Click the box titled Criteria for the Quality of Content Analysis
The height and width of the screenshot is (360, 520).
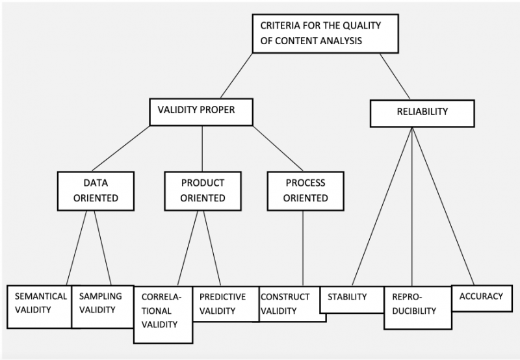pyautogui.click(x=326, y=34)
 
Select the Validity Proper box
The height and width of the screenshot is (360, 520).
pyautogui.click(x=201, y=112)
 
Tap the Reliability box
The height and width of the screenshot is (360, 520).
pyautogui.click(x=422, y=113)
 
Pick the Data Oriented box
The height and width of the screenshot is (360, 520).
pyautogui.click(x=96, y=191)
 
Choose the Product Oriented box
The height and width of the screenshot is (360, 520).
pyautogui.click(x=203, y=191)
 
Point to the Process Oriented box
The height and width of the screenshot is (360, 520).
pyautogui.click(x=305, y=191)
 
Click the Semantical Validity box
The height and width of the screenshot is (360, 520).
pyautogui.click(x=39, y=307)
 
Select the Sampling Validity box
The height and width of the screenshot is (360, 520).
pyautogui.click(x=103, y=307)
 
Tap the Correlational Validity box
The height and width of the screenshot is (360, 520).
pyautogui.click(x=163, y=315)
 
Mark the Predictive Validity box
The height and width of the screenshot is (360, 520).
pyautogui.click(x=226, y=304)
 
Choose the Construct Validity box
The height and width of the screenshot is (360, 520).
pyautogui.click(x=292, y=304)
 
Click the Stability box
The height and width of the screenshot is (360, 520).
pyautogui.click(x=352, y=300)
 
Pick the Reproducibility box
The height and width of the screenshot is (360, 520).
pyautogui.click(x=418, y=308)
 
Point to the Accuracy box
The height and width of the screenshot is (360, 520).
pyautogui.click(x=482, y=298)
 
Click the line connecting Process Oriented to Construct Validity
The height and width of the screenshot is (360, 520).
pyautogui.click(x=303, y=248)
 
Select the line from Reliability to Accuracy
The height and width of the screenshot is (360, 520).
pyautogui.click(x=443, y=206)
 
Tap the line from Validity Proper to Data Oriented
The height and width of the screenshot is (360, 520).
pyautogui.click(x=121, y=149)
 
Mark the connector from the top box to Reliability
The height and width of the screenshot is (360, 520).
pyautogui.click(x=395, y=76)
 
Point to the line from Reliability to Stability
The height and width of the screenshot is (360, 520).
pyautogui.click(x=382, y=206)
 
